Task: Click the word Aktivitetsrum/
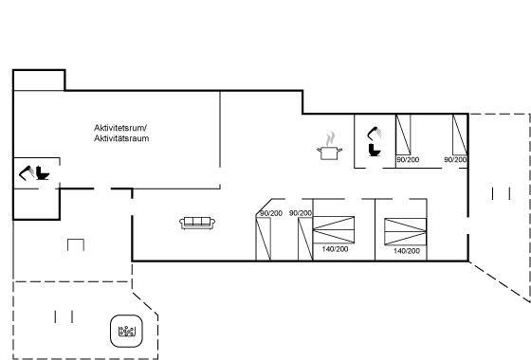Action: (120, 128)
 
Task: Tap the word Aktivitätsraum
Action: (121, 138)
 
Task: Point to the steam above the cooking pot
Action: (330, 138)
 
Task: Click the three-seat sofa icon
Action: (197, 223)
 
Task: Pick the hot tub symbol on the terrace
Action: (127, 332)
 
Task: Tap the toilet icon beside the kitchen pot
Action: (375, 151)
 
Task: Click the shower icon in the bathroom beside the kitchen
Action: (374, 133)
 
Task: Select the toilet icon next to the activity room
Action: (43, 172)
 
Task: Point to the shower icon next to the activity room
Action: (27, 172)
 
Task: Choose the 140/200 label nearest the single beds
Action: (335, 249)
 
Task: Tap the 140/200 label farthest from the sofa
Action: (407, 251)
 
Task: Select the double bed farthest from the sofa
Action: (406, 231)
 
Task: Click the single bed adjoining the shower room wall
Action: (403, 135)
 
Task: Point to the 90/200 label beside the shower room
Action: (408, 159)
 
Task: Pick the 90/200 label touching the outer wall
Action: (455, 159)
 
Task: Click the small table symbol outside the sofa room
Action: (76, 244)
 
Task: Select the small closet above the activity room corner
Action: (39, 81)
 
